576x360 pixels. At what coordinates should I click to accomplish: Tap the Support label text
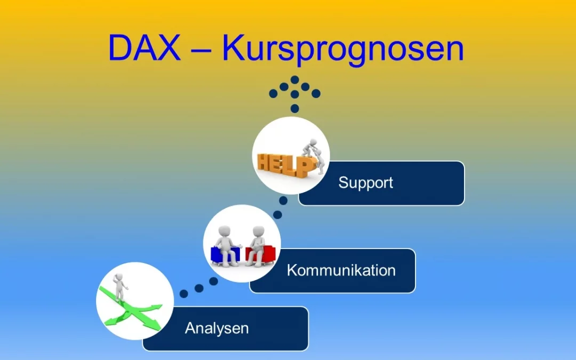point(365,182)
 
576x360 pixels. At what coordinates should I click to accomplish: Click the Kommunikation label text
point(341,270)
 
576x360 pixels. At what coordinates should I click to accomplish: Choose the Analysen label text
point(217,327)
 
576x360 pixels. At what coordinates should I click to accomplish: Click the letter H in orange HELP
point(265,162)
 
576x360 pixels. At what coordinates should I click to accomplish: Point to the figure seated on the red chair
point(257,244)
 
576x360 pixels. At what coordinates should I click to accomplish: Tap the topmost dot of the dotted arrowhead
point(294,79)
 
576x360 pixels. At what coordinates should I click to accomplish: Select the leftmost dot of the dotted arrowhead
point(273,93)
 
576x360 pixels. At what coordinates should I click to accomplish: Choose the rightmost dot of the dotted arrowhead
point(316,93)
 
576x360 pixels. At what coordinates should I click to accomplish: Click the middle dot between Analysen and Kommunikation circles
point(199,288)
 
